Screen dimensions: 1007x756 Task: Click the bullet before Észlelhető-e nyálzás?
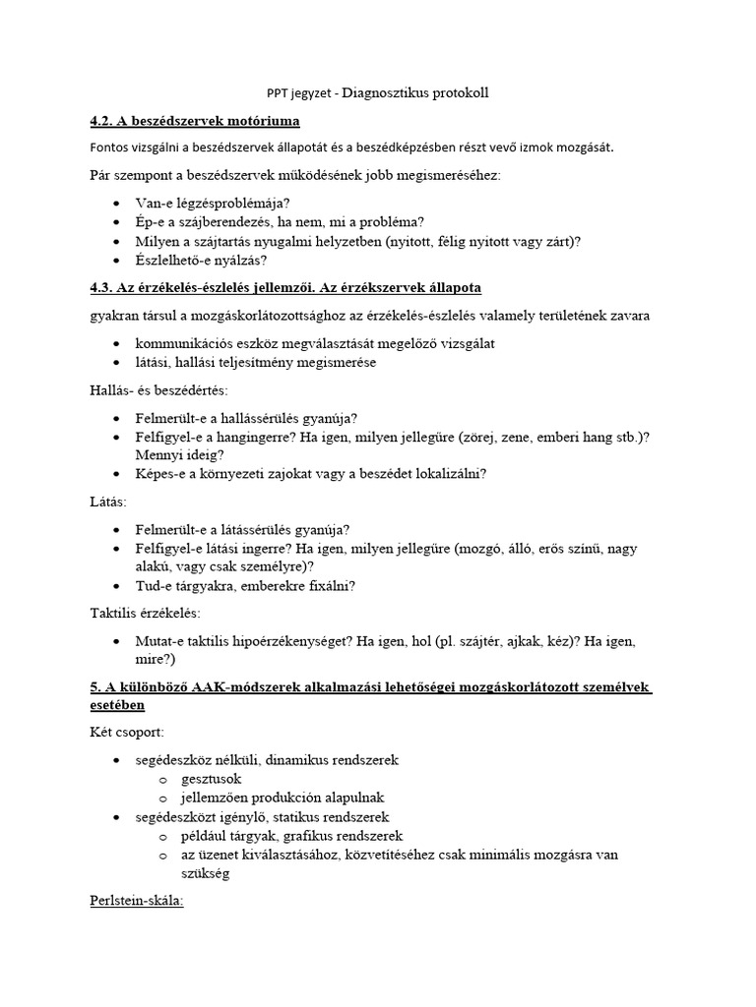coord(118,261)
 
